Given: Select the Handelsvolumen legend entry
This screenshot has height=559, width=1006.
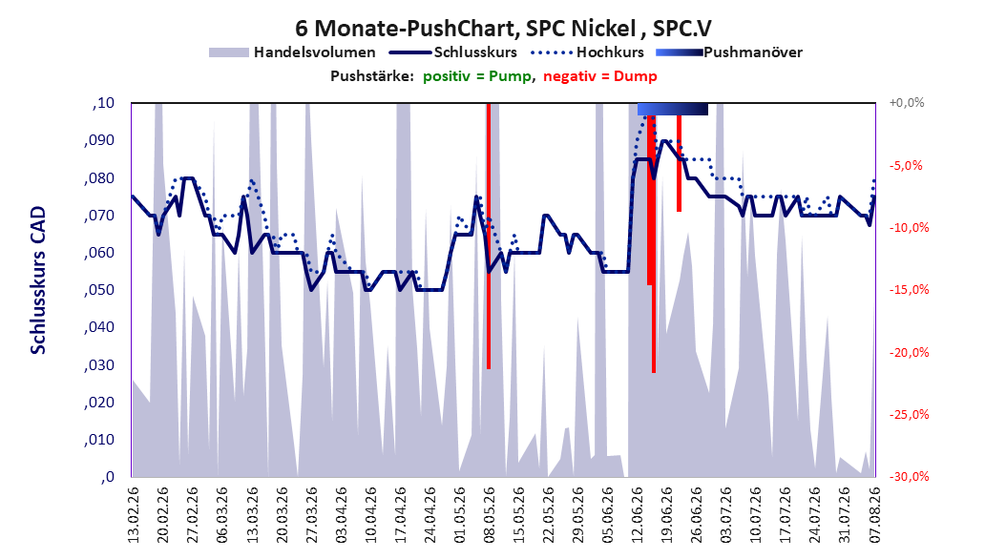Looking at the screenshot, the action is tap(292, 52).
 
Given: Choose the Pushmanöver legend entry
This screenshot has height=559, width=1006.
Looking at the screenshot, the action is tap(729, 52).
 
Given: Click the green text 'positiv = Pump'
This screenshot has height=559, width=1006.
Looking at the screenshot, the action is tap(477, 76).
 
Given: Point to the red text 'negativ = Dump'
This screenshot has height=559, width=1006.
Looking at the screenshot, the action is tap(600, 76).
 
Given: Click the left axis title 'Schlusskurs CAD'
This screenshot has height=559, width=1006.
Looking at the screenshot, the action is tap(38, 280).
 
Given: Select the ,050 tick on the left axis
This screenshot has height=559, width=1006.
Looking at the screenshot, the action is tap(99, 290).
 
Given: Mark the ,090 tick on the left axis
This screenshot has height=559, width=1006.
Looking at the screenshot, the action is tap(99, 140).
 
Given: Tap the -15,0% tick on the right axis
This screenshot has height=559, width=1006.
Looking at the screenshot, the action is tap(909, 290).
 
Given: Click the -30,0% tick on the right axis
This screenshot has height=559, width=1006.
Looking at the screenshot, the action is tap(909, 476).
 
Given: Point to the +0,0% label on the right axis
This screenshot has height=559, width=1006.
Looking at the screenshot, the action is tap(907, 103).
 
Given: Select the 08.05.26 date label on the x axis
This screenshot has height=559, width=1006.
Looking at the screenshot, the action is tap(489, 515).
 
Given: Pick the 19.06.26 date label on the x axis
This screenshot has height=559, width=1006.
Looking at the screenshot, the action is tap(666, 515).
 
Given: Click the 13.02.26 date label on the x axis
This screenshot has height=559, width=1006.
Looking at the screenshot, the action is tap(134, 515).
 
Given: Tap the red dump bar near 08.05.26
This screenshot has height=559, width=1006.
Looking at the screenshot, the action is tap(489, 236).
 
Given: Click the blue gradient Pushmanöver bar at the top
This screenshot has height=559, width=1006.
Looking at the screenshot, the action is tap(672, 109).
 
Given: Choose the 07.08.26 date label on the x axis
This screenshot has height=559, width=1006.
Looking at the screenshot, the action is tap(874, 515).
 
